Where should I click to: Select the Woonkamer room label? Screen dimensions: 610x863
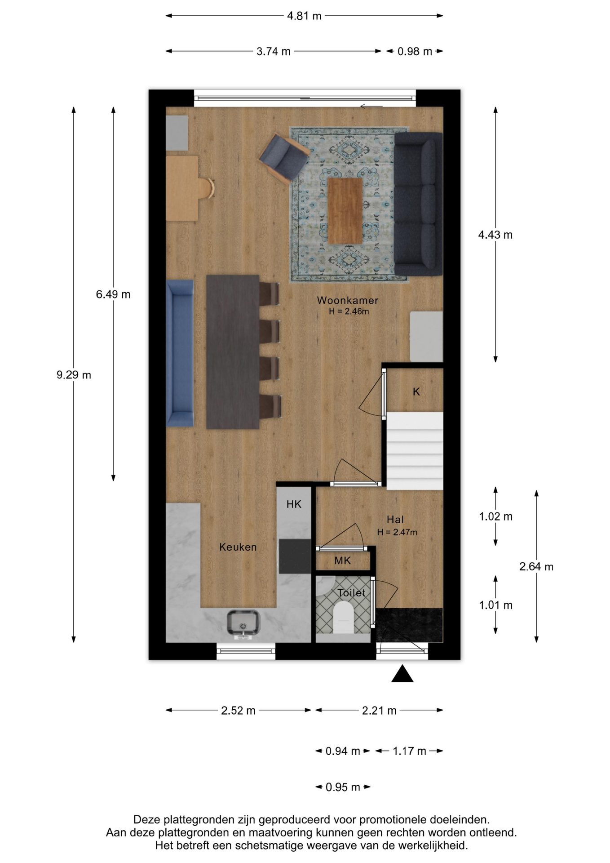(348, 300)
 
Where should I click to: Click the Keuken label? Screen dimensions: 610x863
(238, 547)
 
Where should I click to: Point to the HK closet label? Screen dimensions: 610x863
(294, 504)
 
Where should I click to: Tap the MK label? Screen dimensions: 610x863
(342, 561)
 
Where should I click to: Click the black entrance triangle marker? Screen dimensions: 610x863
(402, 674)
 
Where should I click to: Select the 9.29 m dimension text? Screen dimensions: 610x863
(74, 375)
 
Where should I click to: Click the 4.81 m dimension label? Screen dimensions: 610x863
(305, 16)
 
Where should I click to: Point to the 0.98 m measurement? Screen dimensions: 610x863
(415, 52)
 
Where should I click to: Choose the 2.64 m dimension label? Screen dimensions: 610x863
(536, 567)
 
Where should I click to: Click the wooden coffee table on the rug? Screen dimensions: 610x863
(345, 211)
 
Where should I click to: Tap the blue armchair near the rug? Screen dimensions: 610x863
(284, 159)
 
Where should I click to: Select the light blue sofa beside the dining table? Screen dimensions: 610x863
(180, 353)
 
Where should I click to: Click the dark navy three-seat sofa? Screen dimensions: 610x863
(418, 204)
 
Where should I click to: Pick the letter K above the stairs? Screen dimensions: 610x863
(416, 391)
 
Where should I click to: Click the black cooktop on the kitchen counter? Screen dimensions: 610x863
(295, 556)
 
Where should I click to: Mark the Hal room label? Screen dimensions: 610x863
(395, 520)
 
